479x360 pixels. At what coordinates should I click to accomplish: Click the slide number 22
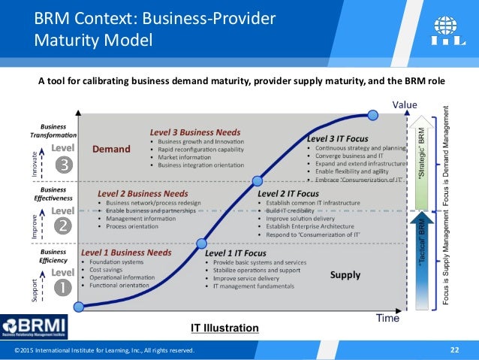click(x=454, y=349)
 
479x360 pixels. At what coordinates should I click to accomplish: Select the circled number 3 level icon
click(x=65, y=166)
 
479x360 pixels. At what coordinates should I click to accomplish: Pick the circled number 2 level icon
click(x=65, y=225)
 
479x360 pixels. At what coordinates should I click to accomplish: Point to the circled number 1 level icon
click(x=65, y=286)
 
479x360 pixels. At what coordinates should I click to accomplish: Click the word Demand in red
click(x=111, y=149)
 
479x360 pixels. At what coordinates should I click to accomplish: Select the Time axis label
click(x=387, y=318)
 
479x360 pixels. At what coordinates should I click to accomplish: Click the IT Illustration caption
click(x=224, y=328)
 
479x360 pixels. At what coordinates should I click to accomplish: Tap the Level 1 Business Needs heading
click(x=126, y=253)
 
